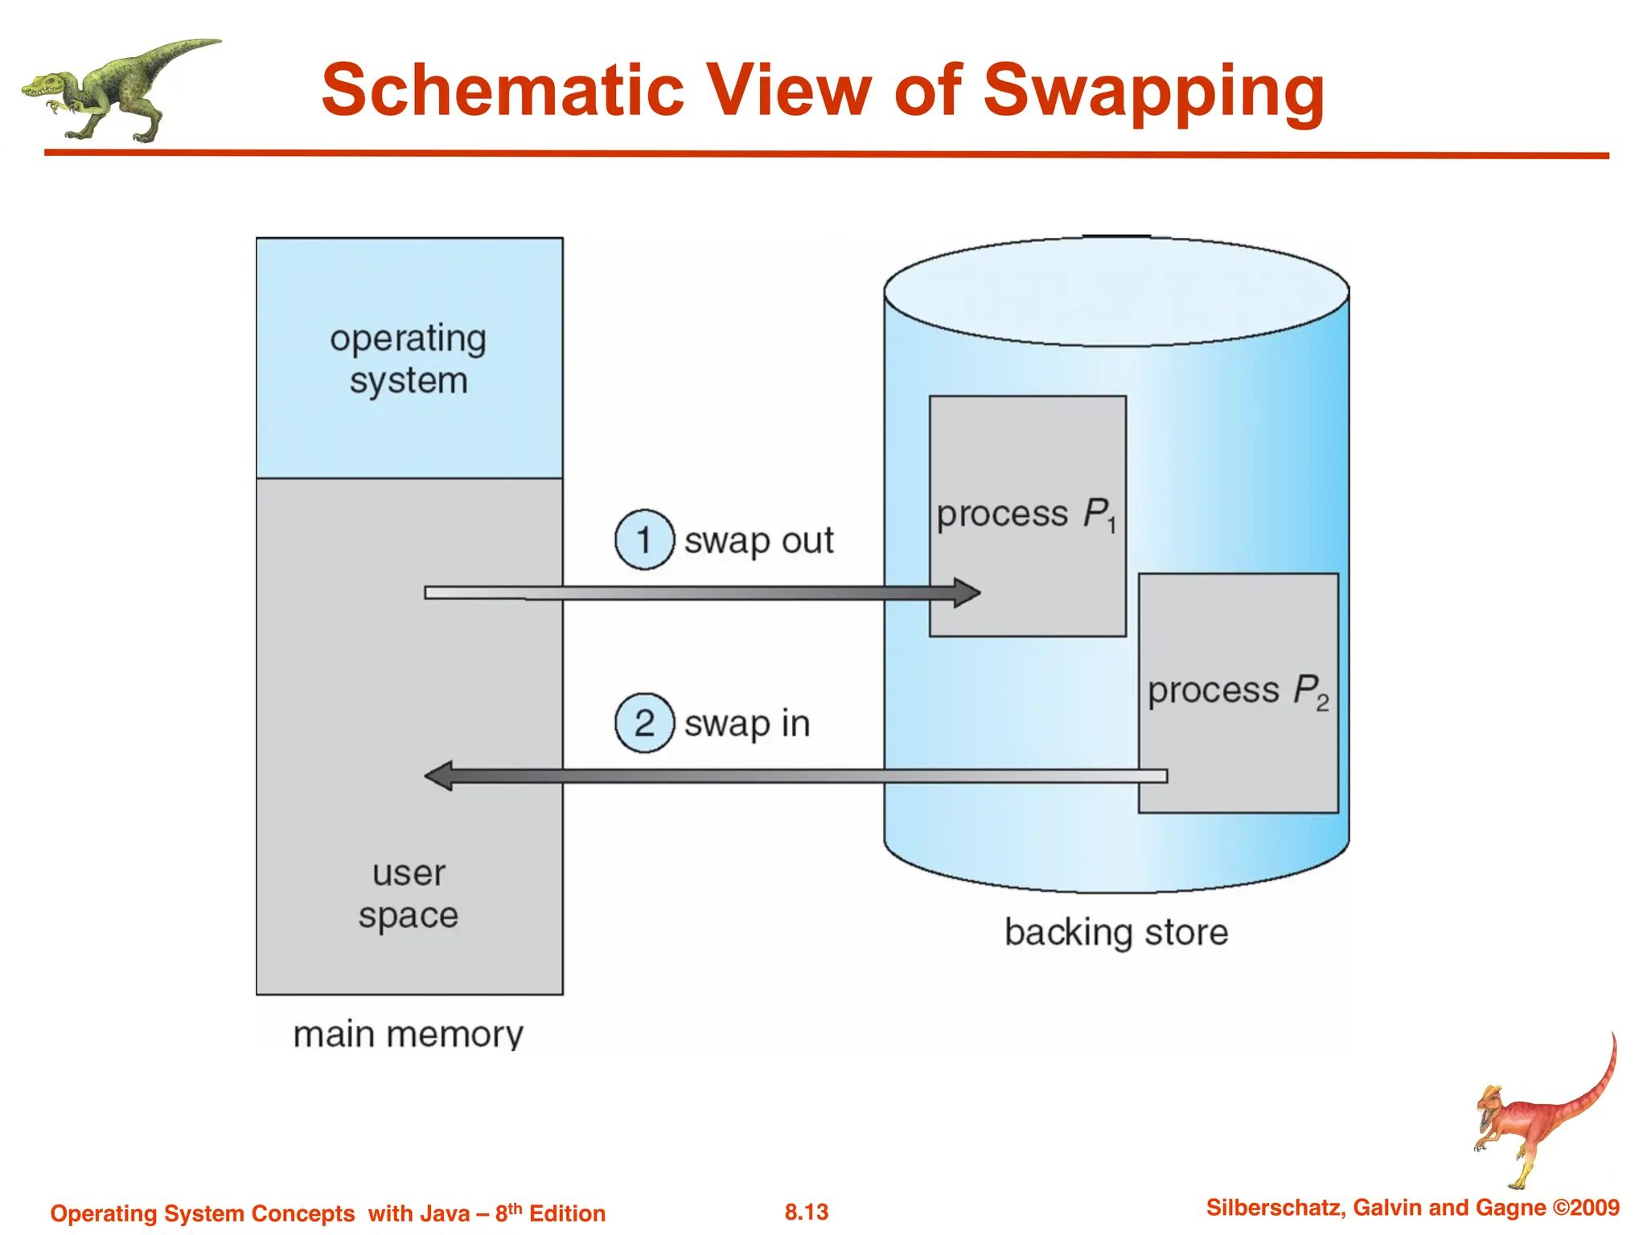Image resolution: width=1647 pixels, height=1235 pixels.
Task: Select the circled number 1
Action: pos(644,540)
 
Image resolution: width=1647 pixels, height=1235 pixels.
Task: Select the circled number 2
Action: pos(644,723)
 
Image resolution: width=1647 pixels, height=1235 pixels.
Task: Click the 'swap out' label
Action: pos(758,540)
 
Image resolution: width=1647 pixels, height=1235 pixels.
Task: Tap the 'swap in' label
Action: pos(746,724)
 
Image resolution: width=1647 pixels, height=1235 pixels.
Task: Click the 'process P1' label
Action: pos(1026,514)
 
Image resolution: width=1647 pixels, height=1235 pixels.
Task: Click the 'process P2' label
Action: pos(1238,691)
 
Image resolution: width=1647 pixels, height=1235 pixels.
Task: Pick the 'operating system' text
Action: pos(409,359)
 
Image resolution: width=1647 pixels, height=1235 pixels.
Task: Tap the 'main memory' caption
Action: pos(408,1034)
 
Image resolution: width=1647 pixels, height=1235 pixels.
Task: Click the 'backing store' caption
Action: pos(1116,933)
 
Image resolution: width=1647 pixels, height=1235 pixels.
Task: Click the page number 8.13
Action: pos(807,1212)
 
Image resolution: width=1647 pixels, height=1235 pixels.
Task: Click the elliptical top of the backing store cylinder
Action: pos(1116,291)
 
